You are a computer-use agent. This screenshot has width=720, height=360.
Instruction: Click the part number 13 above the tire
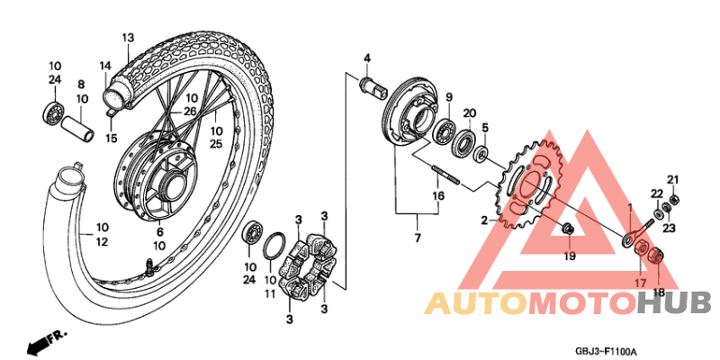tap(127, 38)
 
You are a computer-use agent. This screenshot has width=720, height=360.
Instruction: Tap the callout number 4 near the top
tap(367, 58)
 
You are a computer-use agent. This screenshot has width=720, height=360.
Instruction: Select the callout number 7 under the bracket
tap(416, 238)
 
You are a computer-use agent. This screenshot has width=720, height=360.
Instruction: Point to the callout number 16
tap(438, 195)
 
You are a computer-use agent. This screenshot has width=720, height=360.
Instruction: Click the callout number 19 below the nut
tap(569, 256)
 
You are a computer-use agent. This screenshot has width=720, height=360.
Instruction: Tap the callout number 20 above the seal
tap(469, 112)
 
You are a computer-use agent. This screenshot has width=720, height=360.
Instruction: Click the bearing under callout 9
tap(445, 129)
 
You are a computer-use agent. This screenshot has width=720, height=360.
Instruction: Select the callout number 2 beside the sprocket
tap(483, 220)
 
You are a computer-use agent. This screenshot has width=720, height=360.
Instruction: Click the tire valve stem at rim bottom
tap(147, 265)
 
